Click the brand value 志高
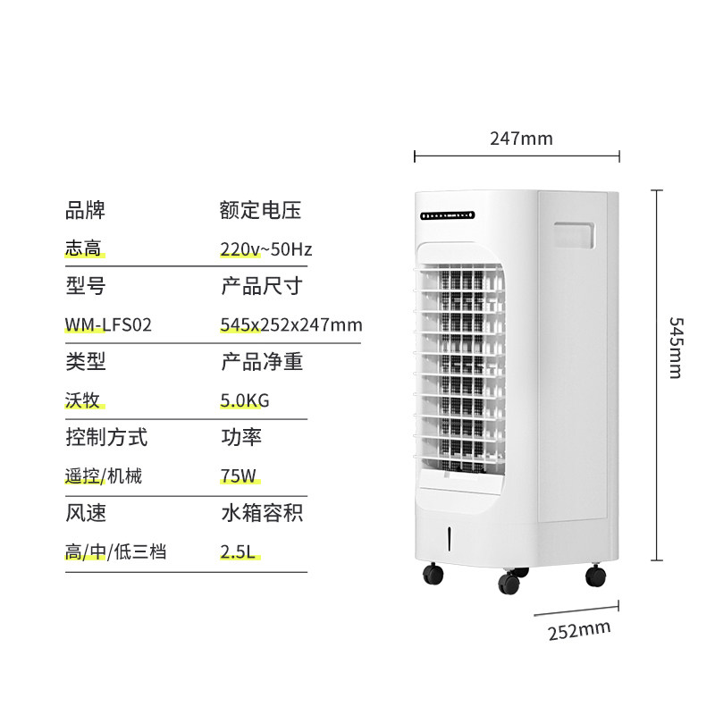85,248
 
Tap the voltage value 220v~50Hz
265,248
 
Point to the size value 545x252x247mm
290,324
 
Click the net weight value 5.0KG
244,400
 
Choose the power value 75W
237,476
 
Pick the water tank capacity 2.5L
239,552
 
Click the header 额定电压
260,211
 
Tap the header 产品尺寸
261,286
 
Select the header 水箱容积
261,514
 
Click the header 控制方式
106,438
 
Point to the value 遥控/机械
104,476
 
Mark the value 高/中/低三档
116,552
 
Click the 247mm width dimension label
521,139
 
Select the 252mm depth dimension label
578,629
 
